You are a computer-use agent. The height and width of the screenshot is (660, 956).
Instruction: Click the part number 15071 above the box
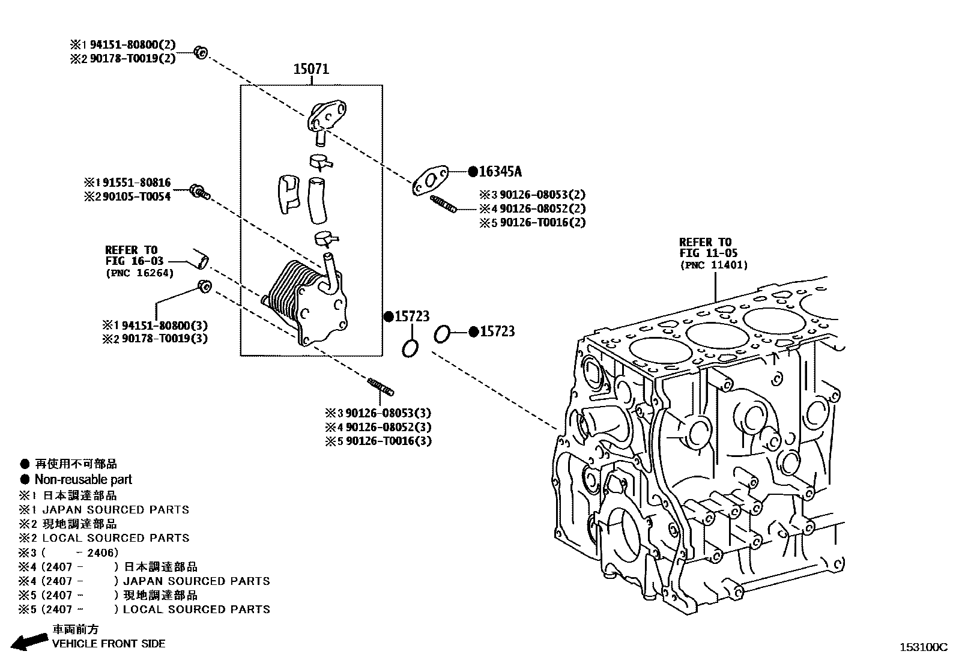point(311,69)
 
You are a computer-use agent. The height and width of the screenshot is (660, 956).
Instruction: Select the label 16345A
point(500,172)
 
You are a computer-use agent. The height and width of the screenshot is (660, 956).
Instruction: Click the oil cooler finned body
point(292,297)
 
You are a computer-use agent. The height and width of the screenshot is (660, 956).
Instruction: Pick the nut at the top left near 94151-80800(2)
point(201,52)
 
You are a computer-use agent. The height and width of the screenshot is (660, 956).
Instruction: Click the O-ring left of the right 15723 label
point(441,333)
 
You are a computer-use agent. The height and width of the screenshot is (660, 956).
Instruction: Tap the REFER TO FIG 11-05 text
point(709,247)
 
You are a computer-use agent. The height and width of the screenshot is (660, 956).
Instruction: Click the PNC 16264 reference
point(139,273)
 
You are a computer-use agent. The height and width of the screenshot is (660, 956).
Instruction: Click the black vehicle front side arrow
point(29,642)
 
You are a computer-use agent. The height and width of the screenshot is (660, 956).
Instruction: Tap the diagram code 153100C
point(922,647)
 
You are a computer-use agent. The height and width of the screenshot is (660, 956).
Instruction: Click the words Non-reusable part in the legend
point(83,479)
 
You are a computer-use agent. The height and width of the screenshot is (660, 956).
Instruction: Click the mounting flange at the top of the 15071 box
point(327,116)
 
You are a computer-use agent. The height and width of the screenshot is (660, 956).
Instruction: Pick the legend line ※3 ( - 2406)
point(68,553)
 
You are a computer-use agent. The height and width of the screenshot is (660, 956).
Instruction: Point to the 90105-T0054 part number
point(136,196)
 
